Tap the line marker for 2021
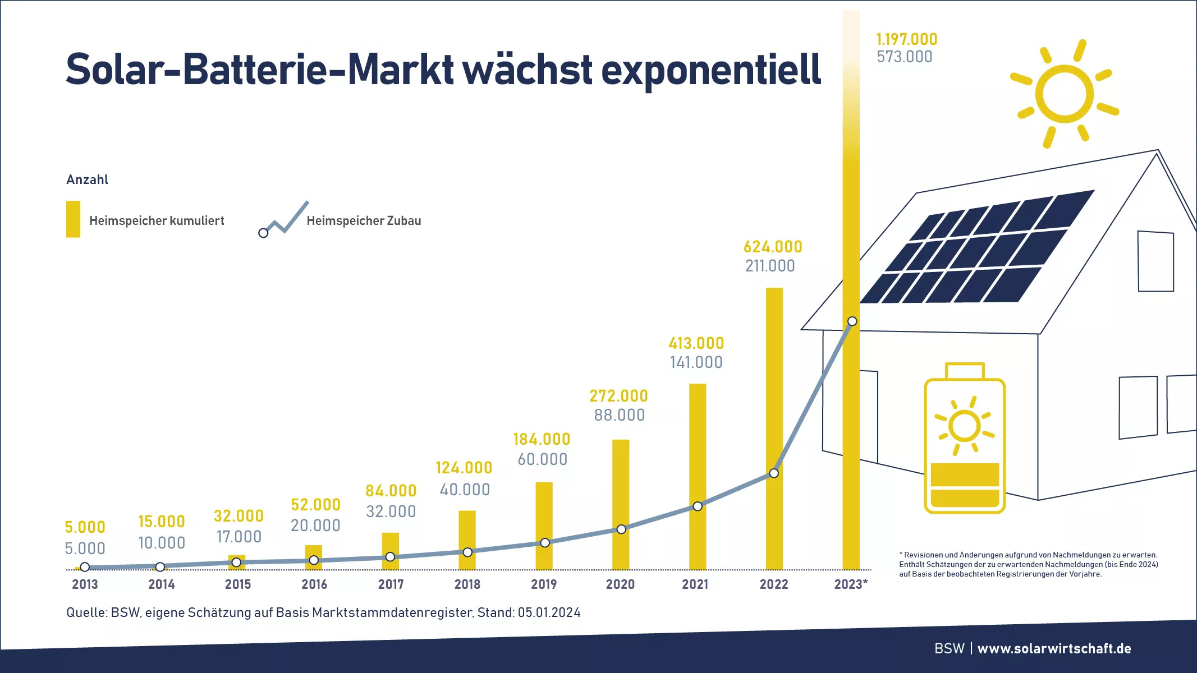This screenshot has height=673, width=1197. tap(698, 506)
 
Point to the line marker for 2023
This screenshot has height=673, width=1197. tap(852, 321)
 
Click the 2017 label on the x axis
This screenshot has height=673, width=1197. tap(391, 584)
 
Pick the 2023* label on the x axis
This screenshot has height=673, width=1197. tap(851, 584)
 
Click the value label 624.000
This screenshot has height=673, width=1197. tap(773, 247)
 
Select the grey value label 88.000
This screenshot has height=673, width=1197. tap(620, 415)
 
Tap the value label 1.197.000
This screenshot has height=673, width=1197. tap(907, 39)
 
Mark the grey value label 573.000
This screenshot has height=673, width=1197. tap(904, 57)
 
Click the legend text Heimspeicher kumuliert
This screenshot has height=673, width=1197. tap(157, 220)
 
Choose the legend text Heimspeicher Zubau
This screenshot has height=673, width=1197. tap(364, 220)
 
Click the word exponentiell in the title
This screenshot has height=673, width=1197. tap(711, 70)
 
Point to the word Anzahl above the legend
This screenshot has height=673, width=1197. tap(87, 179)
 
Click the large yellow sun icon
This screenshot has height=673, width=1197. tap(1064, 94)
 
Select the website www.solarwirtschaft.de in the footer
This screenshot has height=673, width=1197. tap(1054, 648)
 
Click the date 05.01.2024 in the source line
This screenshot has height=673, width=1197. tap(549, 612)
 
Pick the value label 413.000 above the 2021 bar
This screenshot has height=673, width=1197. tap(696, 343)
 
